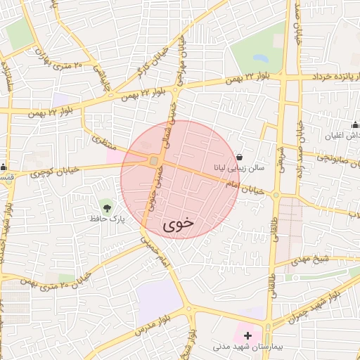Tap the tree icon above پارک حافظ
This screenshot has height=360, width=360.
106,207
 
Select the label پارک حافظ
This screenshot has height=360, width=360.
107,219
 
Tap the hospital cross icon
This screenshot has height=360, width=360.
247,335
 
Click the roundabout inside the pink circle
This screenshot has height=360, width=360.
153,162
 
